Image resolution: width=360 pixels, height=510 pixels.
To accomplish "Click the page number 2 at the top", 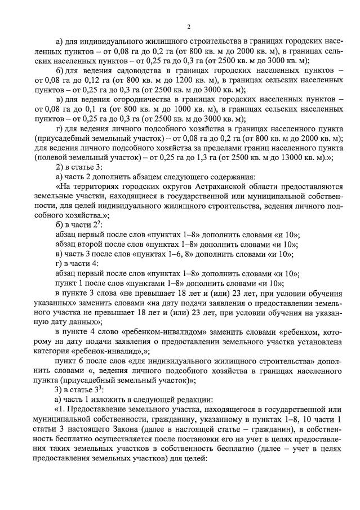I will (x=189, y=26).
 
